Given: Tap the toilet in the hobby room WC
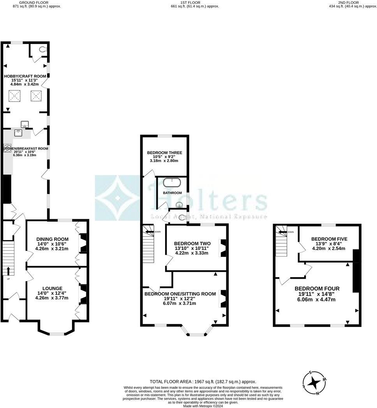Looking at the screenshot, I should pyautogui.click(x=42, y=49).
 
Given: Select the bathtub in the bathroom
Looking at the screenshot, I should pyautogui.click(x=172, y=182).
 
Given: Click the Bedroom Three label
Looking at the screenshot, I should pyautogui.click(x=164, y=153).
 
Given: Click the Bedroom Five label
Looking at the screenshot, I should pyautogui.click(x=329, y=239).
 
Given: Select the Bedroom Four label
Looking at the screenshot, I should pyautogui.click(x=317, y=288).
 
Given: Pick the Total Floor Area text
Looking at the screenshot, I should pyautogui.click(x=203, y=382).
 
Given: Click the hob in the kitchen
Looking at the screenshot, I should pyautogui.click(x=7, y=148).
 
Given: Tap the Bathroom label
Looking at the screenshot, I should pyautogui.click(x=172, y=193).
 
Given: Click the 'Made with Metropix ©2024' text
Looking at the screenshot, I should pyautogui.click(x=203, y=406).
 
